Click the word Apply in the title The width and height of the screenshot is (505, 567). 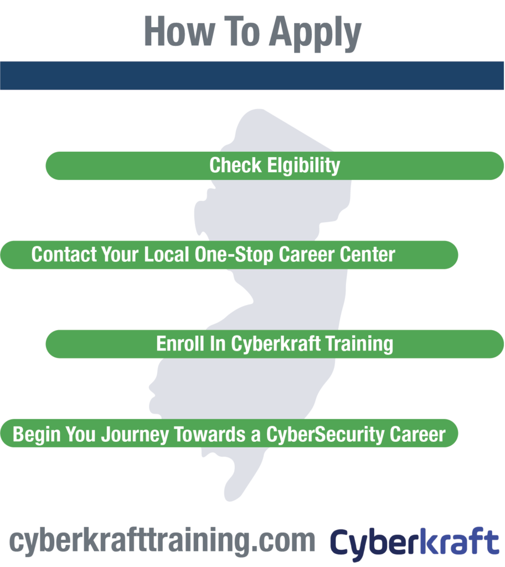point(315,33)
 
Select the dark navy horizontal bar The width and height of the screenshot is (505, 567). point(252,75)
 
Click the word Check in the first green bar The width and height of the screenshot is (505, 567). point(235,166)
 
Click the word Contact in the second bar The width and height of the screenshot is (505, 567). point(64,255)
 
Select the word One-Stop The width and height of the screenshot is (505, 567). point(234,255)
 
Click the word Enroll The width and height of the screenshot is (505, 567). point(180,343)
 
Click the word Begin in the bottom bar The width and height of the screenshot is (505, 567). point(36,434)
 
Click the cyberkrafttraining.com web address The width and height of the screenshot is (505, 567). point(162,542)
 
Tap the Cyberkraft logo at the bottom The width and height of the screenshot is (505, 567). point(415,543)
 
